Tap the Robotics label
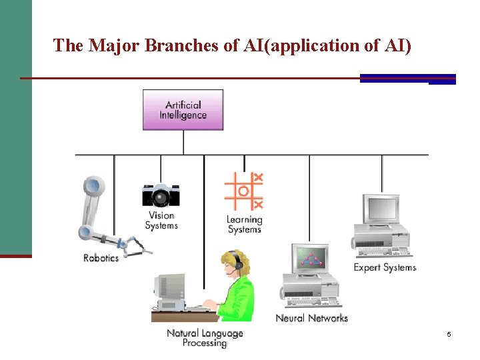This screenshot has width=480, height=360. pyautogui.click(x=101, y=258)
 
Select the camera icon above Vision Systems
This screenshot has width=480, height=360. pyautogui.click(x=161, y=195)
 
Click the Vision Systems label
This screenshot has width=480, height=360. pyautogui.click(x=161, y=220)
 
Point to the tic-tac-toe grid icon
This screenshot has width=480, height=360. pyautogui.click(x=243, y=191)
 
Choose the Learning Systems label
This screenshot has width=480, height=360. pyautogui.click(x=245, y=225)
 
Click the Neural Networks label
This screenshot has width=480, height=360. pyautogui.click(x=311, y=318)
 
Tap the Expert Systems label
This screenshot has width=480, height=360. pyautogui.click(x=385, y=267)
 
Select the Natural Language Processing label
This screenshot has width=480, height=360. pyautogui.click(x=205, y=338)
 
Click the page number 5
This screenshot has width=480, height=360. pyautogui.click(x=449, y=333)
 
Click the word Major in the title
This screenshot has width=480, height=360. pyautogui.click(x=114, y=45)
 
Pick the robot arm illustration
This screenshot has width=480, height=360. pyautogui.click(x=100, y=213)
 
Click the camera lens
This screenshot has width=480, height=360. pyautogui.click(x=161, y=197)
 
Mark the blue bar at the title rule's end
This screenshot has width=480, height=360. pyautogui.click(x=407, y=79)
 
